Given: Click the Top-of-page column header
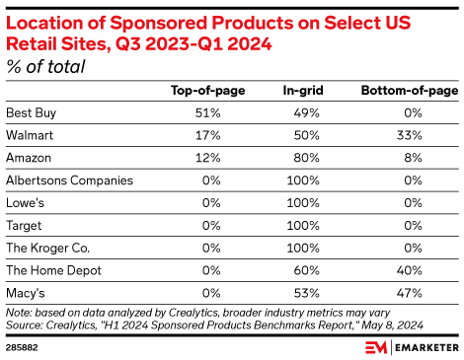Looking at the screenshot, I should coord(208,91).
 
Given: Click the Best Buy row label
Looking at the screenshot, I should coord(31,111).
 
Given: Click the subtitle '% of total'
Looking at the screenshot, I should coord(45,66).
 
